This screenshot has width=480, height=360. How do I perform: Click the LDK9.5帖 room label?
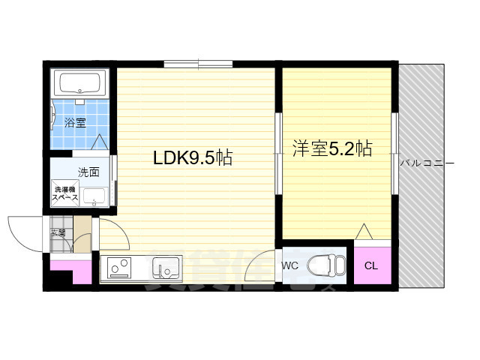pos(192,158)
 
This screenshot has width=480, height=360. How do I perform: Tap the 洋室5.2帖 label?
pos(331,148)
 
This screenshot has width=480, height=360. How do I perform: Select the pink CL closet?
pos(371,265)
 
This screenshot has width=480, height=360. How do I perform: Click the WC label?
pos(290,265)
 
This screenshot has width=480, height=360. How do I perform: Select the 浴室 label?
pos(74,123)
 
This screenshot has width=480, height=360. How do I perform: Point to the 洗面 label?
pos(88,172)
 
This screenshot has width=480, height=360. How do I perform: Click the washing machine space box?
pos(64,193)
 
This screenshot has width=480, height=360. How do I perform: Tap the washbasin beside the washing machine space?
pos(95,196)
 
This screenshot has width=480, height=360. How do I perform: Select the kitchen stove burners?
pos(118,268)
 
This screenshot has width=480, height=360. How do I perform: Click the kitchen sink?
pos(166,267)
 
